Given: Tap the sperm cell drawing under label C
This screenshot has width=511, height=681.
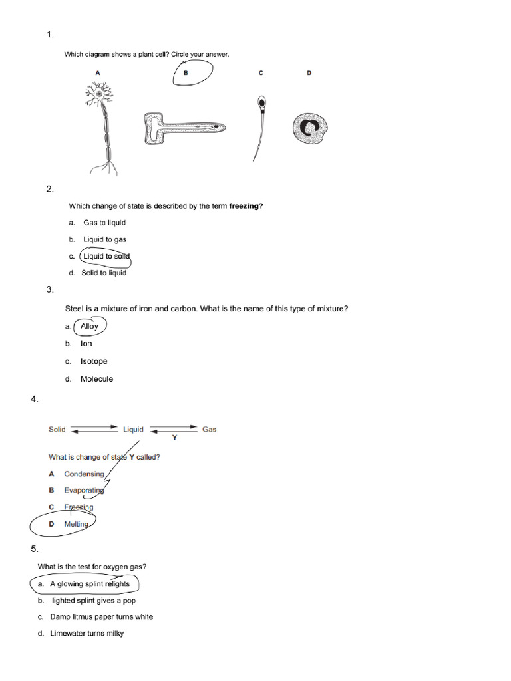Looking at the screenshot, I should [259, 126].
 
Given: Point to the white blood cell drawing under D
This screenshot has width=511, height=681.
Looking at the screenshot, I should [310, 128].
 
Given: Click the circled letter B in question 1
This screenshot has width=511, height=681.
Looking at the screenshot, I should [186, 74].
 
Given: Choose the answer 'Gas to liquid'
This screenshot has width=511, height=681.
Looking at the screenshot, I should [104, 223].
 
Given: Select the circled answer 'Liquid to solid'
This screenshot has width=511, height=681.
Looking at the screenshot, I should [106, 256].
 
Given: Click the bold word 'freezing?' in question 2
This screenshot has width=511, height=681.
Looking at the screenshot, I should [246, 206].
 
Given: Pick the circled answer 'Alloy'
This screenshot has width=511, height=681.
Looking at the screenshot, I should [89, 327].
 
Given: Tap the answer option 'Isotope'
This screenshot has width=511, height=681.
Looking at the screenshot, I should [94, 362].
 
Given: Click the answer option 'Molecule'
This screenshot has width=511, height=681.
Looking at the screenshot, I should [96, 379].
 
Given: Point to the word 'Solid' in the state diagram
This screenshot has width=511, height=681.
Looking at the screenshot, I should [57, 430].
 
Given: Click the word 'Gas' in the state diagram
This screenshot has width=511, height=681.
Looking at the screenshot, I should [209, 430].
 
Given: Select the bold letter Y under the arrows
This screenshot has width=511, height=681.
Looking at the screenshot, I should [175, 438].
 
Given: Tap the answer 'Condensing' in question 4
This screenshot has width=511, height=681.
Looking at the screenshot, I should [85, 474].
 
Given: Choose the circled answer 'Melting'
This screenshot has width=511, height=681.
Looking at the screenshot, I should [77, 524].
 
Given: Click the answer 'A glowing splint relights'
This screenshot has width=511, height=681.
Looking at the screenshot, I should [90, 584].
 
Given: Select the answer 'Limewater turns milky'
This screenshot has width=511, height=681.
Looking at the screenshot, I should [87, 634].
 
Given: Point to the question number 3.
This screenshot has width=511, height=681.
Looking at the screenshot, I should [50, 289].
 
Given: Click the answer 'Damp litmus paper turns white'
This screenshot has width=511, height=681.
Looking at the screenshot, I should [101, 617].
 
